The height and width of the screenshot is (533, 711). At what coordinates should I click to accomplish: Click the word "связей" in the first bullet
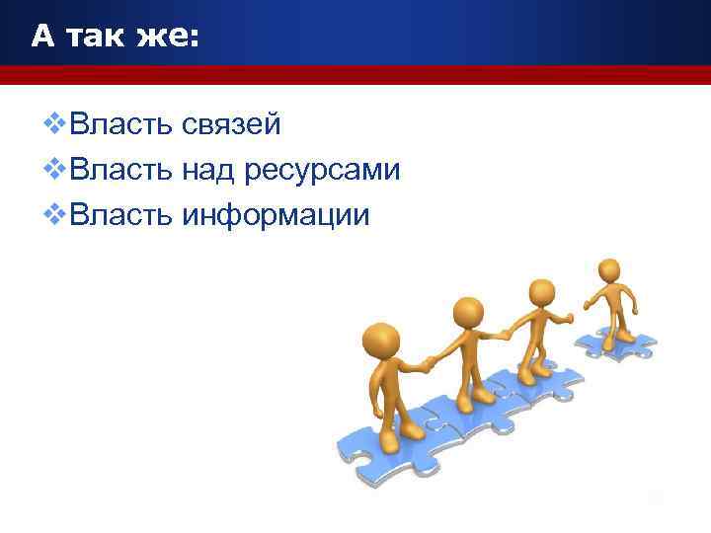(x=231, y=125)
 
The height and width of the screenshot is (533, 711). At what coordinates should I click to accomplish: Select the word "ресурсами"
(x=321, y=171)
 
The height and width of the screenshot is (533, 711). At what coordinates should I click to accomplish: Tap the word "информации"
(x=276, y=216)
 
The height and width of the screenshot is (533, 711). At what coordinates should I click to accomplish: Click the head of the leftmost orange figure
(x=381, y=342)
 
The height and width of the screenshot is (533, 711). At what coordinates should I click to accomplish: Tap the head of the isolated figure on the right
(x=609, y=269)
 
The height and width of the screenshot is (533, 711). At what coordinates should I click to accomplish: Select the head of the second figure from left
(x=468, y=313)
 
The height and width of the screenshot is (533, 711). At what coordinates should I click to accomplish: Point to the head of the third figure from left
(x=541, y=292)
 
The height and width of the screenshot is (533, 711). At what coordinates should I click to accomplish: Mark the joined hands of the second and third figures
(x=504, y=334)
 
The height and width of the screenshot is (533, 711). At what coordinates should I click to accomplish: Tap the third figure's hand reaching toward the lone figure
(x=569, y=319)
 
